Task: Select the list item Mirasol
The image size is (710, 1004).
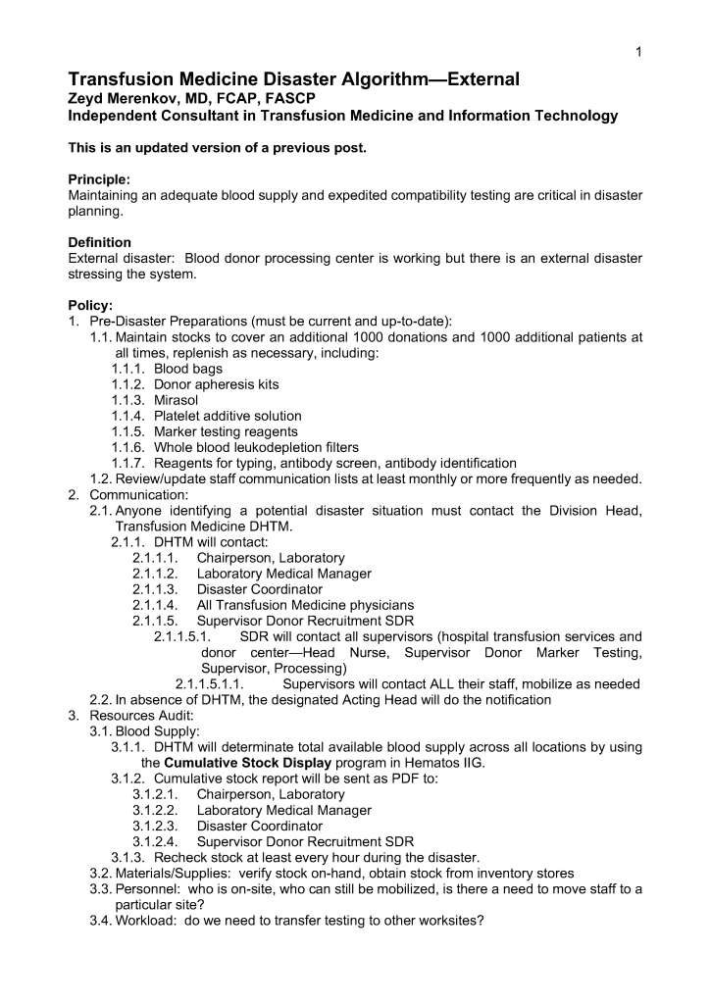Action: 178,400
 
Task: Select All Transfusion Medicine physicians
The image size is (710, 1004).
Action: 305,605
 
